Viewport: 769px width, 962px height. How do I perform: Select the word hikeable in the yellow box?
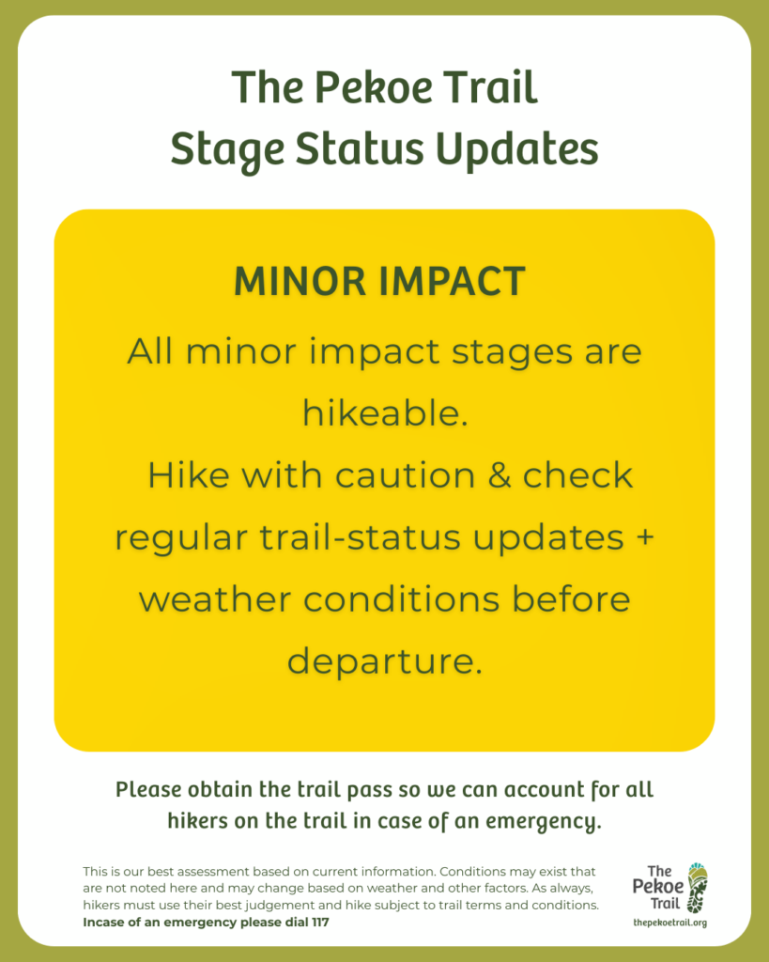pyautogui.click(x=384, y=413)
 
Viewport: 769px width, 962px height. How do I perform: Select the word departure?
pyautogui.click(x=384, y=661)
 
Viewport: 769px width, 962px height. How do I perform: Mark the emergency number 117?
pyautogui.click(x=316, y=923)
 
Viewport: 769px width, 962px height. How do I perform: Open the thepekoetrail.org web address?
pyautogui.click(x=669, y=923)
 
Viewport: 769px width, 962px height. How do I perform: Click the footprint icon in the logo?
pyautogui.click(x=696, y=889)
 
